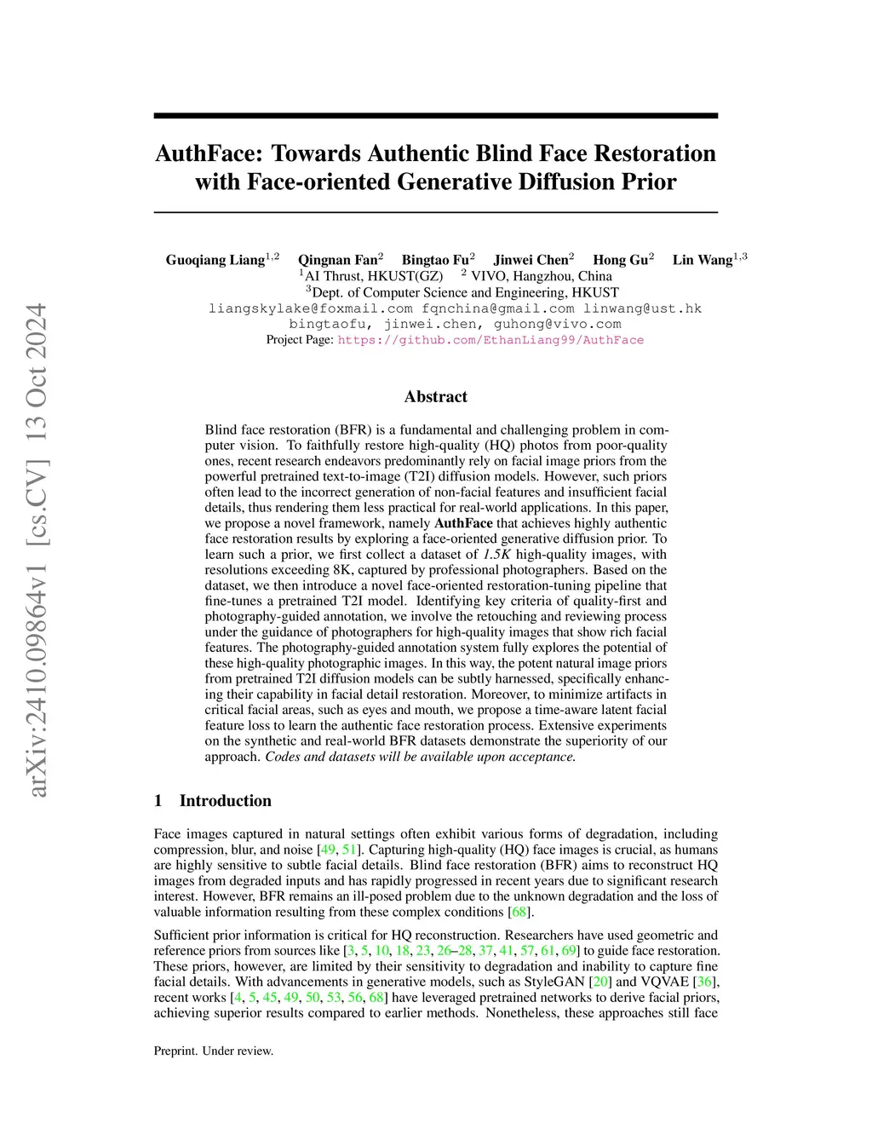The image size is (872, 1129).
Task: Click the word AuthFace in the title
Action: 209,153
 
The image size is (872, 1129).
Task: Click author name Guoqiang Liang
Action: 215,260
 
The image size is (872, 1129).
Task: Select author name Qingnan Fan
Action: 337,260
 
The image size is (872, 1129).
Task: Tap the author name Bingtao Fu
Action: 435,260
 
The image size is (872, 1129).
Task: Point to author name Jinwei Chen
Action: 531,260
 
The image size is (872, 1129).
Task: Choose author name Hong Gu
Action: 620,260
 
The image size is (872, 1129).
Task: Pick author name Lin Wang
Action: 703,260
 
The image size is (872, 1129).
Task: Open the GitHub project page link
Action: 490,340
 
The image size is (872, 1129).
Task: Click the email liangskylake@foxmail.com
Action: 311,308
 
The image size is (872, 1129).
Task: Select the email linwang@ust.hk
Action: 642,308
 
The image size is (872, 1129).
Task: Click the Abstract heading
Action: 436,396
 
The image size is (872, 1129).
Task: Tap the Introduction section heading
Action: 225,800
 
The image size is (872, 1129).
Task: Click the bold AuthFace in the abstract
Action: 463,523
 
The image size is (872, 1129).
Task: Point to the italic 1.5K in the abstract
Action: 497,555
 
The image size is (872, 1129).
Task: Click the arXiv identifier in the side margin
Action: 37,550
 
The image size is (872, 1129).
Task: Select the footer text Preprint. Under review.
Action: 214,1051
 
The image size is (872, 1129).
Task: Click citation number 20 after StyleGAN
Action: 601,982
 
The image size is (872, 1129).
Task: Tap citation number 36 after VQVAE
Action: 704,982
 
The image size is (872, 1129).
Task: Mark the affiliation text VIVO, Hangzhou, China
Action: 541,276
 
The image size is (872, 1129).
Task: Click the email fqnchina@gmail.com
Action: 498,308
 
